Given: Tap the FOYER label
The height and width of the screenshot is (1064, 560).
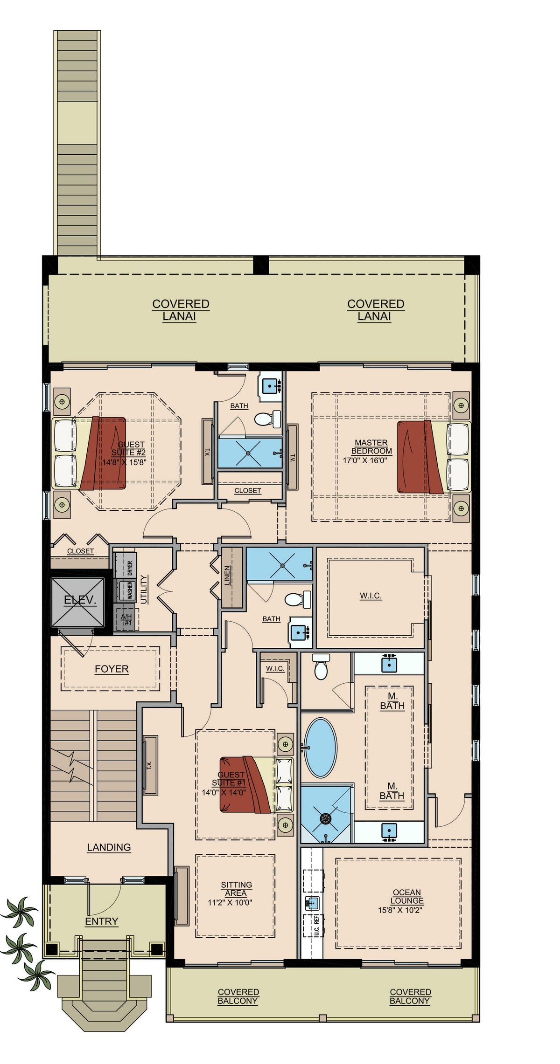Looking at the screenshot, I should tap(112, 669).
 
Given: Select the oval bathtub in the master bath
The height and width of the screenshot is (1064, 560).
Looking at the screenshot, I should tap(320, 748).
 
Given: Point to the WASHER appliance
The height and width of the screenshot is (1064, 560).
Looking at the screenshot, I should tap(126, 590).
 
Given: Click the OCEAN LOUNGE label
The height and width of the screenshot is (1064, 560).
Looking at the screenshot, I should tap(407, 897).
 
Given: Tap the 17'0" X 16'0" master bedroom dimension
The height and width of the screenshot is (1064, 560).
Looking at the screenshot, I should tap(365, 460).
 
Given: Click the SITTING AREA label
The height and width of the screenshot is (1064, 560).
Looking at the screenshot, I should tap(236, 889).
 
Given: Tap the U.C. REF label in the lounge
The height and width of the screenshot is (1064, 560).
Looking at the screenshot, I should tap(317, 926).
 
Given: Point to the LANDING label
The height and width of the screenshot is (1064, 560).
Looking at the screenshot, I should tap(109, 847).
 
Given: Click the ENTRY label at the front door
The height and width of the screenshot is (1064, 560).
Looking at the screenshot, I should tap(101, 921).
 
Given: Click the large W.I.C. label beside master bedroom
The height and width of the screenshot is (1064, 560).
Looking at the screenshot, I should tap(371, 596).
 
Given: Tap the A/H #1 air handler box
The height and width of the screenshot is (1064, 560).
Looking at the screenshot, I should tap(126, 619).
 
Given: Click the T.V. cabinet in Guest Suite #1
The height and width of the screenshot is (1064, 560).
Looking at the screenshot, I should tap(150, 765).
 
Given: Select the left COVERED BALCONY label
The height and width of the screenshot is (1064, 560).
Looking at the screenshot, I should tap(238, 996).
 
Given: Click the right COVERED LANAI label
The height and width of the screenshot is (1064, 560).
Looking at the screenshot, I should tap(375, 310).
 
